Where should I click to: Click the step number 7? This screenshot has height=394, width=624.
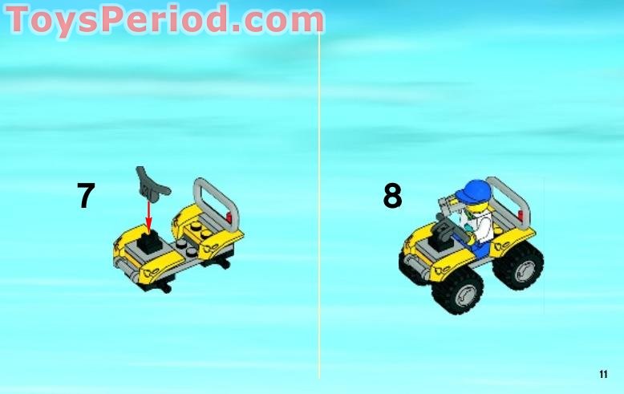(x=86, y=197)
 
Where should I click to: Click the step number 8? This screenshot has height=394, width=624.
(x=392, y=197)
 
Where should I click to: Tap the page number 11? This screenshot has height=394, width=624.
(x=603, y=374)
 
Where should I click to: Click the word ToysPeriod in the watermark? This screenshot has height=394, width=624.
(x=112, y=20)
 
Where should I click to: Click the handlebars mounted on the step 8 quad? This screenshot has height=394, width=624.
(x=444, y=210)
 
